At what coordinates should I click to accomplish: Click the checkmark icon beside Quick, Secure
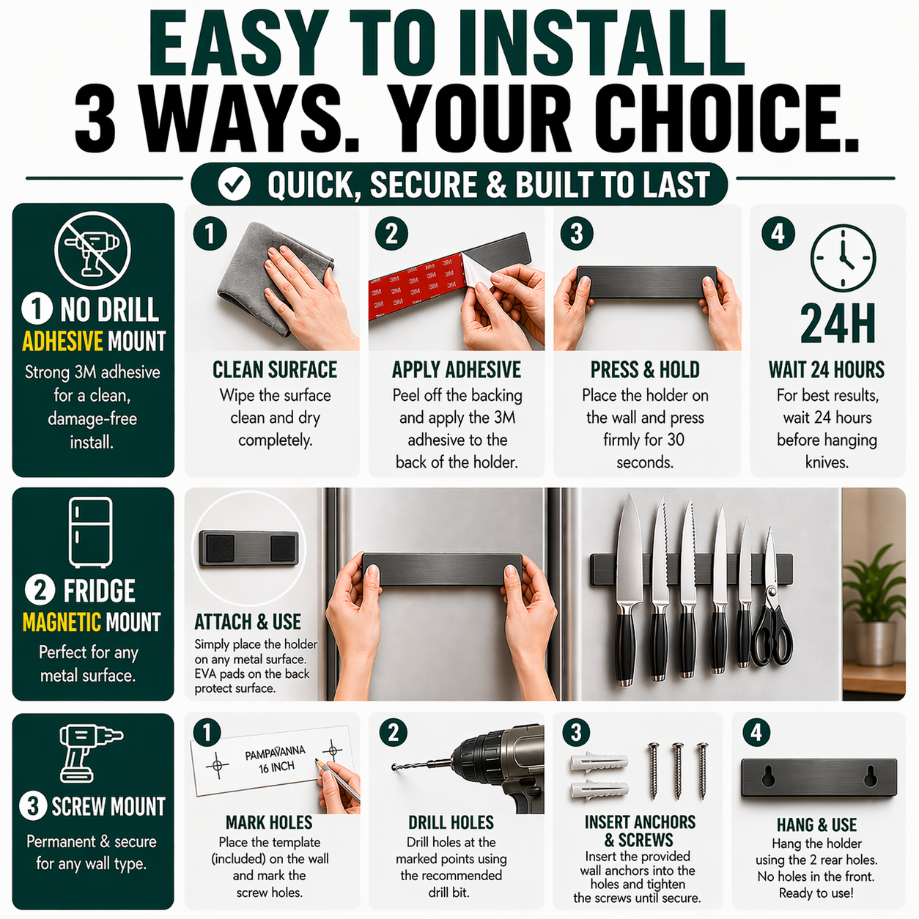pyautogui.click(x=235, y=185)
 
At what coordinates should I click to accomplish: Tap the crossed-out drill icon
pyautogui.click(x=92, y=250)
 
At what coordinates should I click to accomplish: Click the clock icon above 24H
pyautogui.click(x=843, y=258)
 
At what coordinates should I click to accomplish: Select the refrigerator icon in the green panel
pyautogui.click(x=91, y=533)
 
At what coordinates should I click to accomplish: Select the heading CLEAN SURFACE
pyautogui.click(x=275, y=370)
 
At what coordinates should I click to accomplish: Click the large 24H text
pyautogui.click(x=837, y=323)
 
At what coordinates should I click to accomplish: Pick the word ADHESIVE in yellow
pyautogui.click(x=62, y=342)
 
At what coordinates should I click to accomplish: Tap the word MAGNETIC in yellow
pyautogui.click(x=62, y=622)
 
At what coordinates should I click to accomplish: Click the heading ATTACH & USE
pyautogui.click(x=248, y=622)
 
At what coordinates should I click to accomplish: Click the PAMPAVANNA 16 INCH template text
pyautogui.click(x=275, y=760)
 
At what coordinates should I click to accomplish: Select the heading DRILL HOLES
pyautogui.click(x=451, y=822)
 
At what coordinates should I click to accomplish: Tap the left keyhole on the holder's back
pyautogui.click(x=768, y=777)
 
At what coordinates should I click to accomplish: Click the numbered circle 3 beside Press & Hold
pyautogui.click(x=577, y=234)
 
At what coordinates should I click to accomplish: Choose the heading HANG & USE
pyautogui.click(x=816, y=824)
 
